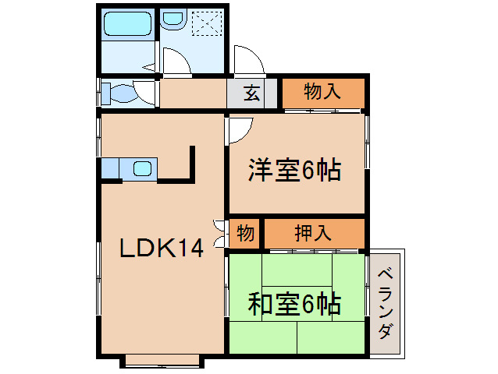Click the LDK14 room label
[161, 249]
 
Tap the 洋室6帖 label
[295, 171]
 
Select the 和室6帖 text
[295, 305]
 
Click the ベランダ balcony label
[386, 303]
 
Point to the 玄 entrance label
[251, 93]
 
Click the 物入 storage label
[322, 92]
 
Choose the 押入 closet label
[315, 232]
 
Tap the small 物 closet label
[245, 233]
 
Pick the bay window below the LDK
[162, 360]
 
